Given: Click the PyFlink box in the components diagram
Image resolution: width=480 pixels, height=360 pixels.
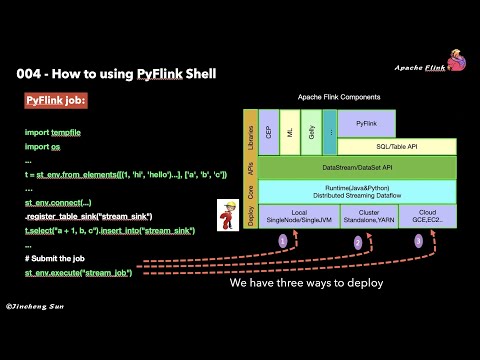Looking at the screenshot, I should [364, 123].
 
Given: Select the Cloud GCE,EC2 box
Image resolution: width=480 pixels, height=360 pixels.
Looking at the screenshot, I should [426, 217].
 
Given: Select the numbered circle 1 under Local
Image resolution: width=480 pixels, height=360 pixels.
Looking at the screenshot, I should [282, 241].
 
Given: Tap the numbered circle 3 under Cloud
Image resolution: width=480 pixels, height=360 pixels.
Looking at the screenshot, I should [419, 241].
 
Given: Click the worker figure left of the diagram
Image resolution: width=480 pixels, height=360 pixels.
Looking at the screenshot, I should [225, 213].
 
